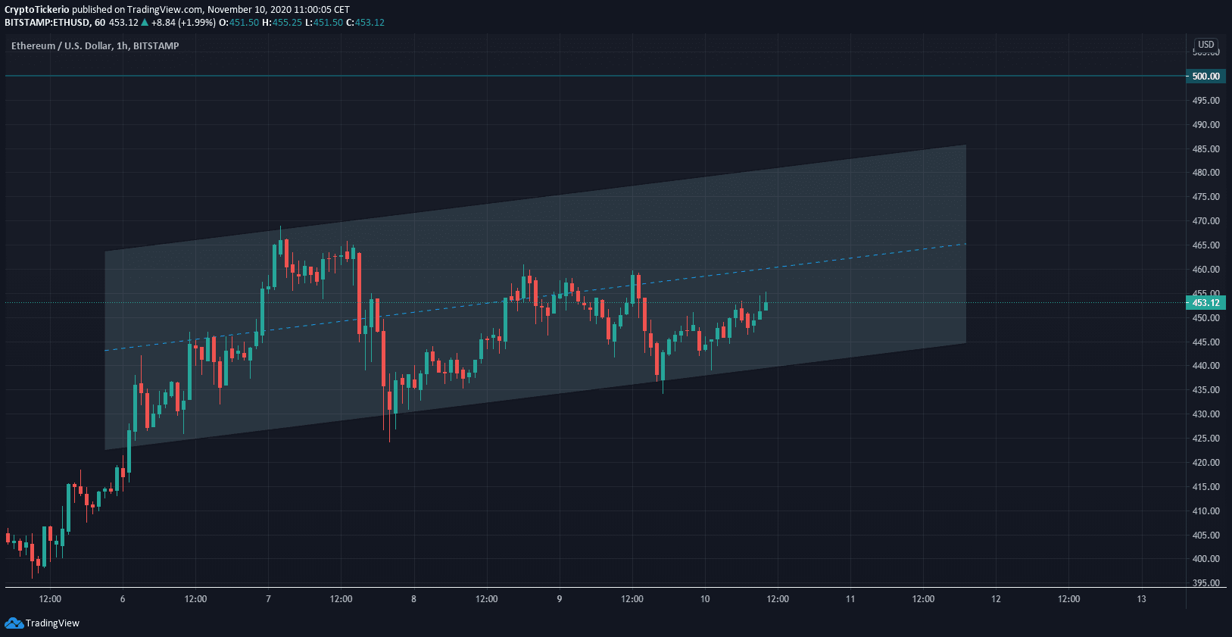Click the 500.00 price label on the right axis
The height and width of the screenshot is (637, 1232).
click(1205, 77)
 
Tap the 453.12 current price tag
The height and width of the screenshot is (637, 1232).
click(1205, 303)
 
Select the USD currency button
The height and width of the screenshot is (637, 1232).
click(1205, 45)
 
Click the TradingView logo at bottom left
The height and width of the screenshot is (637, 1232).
click(42, 623)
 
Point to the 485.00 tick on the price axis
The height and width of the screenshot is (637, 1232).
click(1205, 149)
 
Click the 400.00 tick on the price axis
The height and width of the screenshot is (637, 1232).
click(1205, 559)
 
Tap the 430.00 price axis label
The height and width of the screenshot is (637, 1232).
click(1205, 414)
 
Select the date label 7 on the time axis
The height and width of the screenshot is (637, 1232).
click(268, 599)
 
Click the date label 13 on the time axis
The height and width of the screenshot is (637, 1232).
click(1141, 599)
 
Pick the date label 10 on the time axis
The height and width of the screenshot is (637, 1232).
click(705, 599)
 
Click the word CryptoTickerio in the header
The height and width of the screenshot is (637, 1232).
click(37, 10)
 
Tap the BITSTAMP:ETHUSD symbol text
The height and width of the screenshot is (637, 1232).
click(47, 23)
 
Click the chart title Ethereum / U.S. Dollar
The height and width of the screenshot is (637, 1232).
click(61, 46)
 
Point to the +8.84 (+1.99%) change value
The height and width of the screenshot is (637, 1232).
click(183, 23)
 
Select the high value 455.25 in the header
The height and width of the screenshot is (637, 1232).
click(287, 23)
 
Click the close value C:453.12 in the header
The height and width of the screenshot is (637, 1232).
click(365, 23)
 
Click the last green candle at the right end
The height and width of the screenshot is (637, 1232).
click(766, 306)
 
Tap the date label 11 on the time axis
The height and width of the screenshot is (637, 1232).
click(850, 599)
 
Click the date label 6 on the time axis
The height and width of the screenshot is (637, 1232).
click(123, 599)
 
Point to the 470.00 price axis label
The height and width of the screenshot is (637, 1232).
click(1205, 221)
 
